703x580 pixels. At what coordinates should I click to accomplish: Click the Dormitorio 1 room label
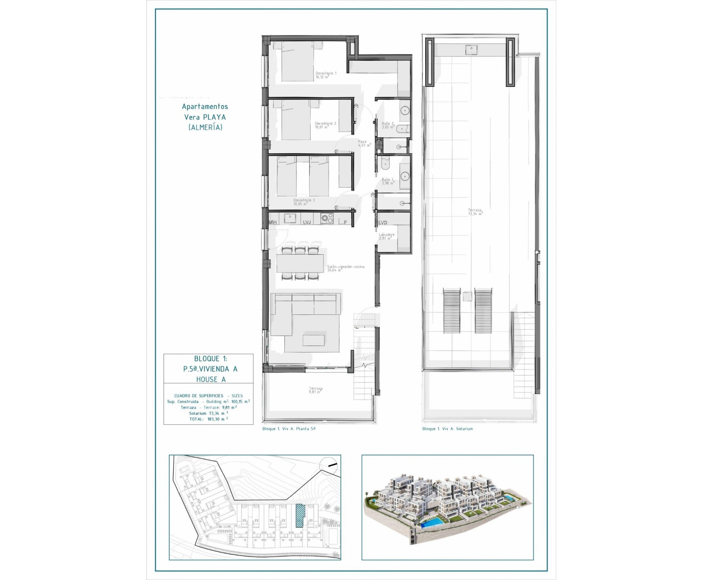326,75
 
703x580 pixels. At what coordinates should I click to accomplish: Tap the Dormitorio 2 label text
325,125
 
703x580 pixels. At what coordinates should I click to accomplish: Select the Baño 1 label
388,181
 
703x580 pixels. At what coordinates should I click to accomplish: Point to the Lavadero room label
386,236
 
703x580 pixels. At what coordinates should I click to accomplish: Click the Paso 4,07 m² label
364,143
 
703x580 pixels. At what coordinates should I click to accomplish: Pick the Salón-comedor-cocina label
345,268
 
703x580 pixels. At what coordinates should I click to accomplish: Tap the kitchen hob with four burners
326,219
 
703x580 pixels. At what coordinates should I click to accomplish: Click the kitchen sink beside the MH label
290,219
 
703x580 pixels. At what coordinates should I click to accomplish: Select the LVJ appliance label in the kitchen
307,222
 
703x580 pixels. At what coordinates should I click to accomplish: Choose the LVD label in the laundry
382,223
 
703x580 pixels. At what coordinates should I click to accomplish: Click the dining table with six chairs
300,263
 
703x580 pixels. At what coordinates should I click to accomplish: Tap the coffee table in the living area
314,340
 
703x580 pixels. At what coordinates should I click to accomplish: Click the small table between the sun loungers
467,296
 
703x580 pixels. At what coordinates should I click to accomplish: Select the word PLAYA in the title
214,117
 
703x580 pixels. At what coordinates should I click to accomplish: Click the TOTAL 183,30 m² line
208,419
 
